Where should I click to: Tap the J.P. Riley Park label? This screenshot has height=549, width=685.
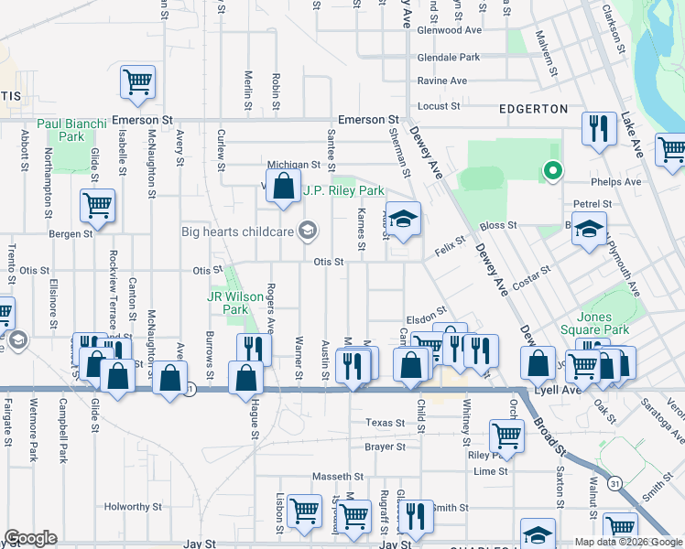click(343, 191)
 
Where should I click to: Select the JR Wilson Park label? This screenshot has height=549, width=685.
click(227, 303)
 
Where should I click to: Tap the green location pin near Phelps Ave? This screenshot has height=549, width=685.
click(551, 170)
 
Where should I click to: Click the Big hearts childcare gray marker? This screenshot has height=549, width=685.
click(309, 230)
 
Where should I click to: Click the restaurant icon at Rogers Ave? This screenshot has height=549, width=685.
click(254, 349)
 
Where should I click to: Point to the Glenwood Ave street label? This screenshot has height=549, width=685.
click(450, 29)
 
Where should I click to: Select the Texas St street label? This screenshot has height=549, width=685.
click(385, 423)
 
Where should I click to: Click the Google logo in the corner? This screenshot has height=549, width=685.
click(30, 538)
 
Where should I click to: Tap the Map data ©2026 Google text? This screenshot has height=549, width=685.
click(627, 542)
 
